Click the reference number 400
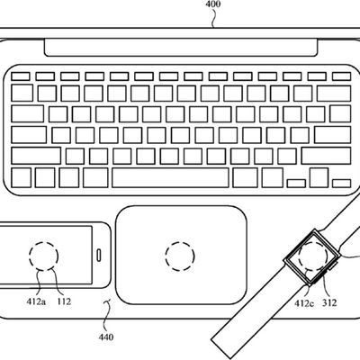click(213, 4)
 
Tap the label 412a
click(36, 301)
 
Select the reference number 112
click(64, 301)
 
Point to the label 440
click(106, 337)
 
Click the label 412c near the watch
click(304, 303)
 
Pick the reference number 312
click(329, 302)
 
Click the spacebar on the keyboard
click(170, 178)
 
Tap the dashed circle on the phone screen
click(43, 256)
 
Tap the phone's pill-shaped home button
click(99, 255)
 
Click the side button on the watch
click(333, 265)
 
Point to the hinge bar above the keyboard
click(181, 47)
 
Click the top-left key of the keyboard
click(21, 76)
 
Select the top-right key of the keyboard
click(342, 76)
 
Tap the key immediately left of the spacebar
click(95, 178)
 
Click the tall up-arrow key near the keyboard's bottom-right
click(319, 178)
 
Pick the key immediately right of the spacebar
click(245, 178)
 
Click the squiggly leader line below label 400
click(213, 18)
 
